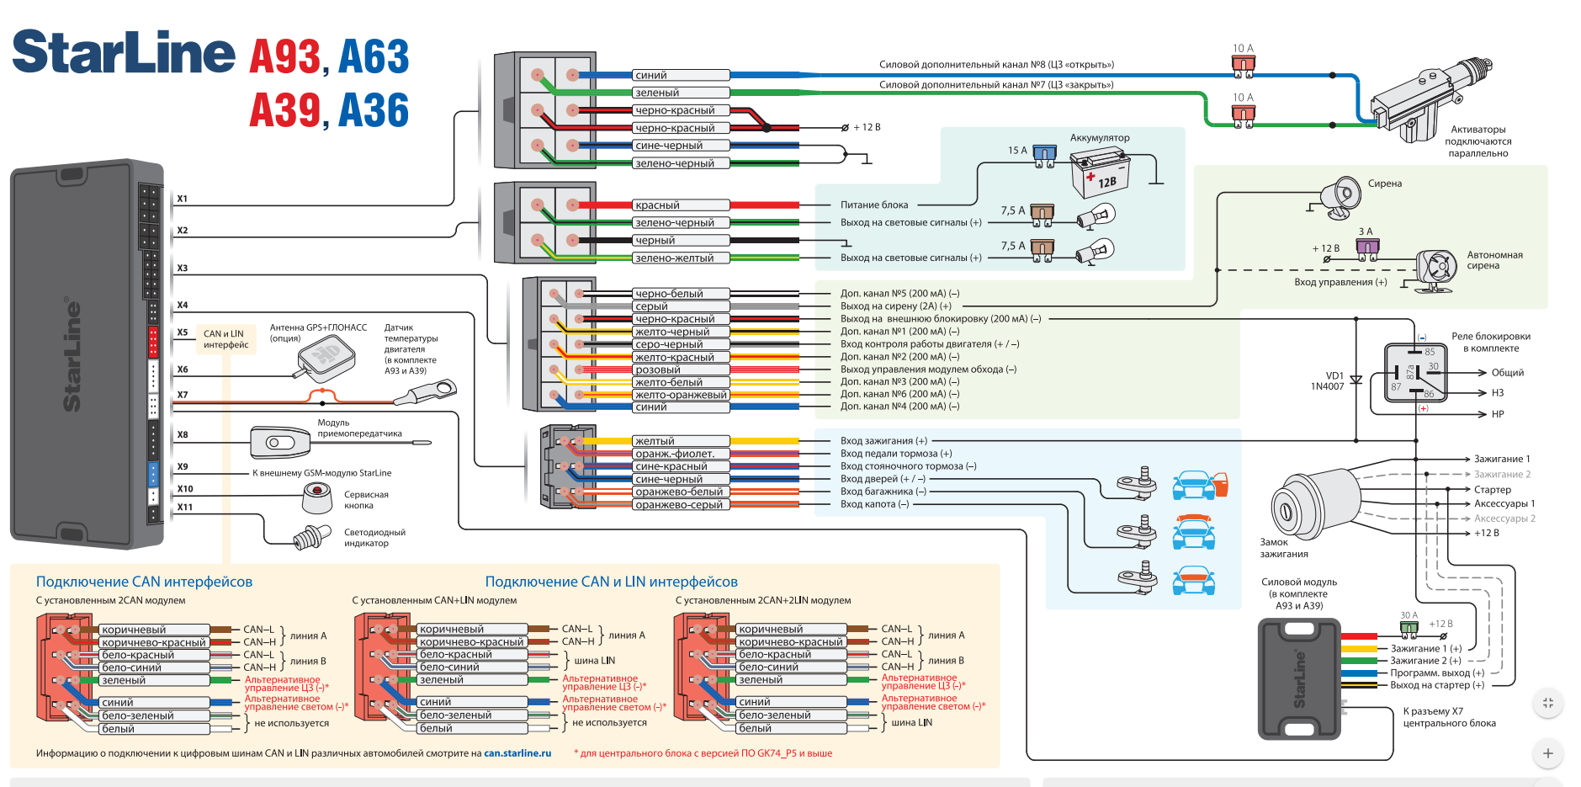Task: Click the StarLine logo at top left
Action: coord(124,53)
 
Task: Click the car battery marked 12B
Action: coord(1100,173)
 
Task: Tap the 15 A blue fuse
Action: coord(1044,156)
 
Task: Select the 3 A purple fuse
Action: coord(1367,247)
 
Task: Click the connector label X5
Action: coord(183,332)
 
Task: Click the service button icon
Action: coord(316,498)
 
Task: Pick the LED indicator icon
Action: coord(311,537)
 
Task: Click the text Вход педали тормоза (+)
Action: coord(896,454)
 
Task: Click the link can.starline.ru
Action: coord(517,753)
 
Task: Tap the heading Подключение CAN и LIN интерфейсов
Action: coord(611,582)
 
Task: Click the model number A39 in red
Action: coord(284,110)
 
